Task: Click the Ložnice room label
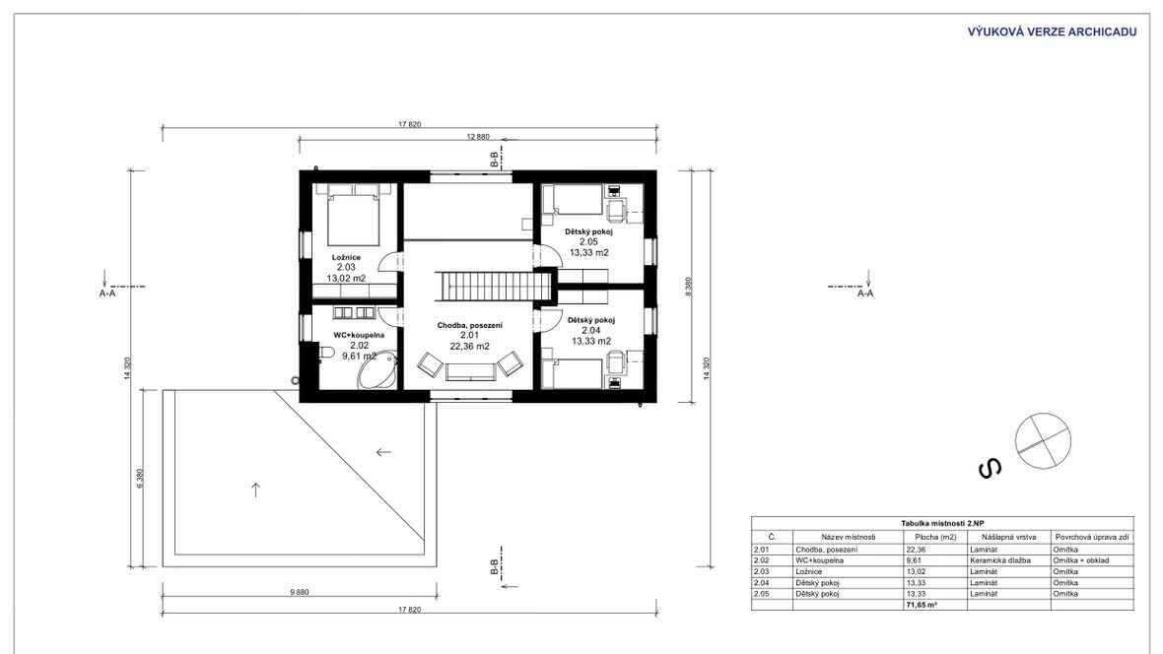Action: (346, 257)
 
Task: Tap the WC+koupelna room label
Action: (359, 335)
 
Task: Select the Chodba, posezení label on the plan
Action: (470, 325)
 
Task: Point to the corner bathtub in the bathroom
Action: (377, 370)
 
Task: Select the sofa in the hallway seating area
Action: (469, 371)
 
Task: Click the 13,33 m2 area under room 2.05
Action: (589, 253)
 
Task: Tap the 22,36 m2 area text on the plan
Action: (469, 347)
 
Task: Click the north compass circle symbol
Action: (1043, 440)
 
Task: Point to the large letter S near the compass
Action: (991, 468)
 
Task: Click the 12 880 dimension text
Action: (478, 137)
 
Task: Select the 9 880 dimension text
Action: (299, 592)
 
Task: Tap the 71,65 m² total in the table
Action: (922, 605)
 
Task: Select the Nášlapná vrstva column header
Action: (1008, 537)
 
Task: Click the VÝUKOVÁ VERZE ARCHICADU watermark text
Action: (1052, 32)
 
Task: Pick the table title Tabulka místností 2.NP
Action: (942, 523)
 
